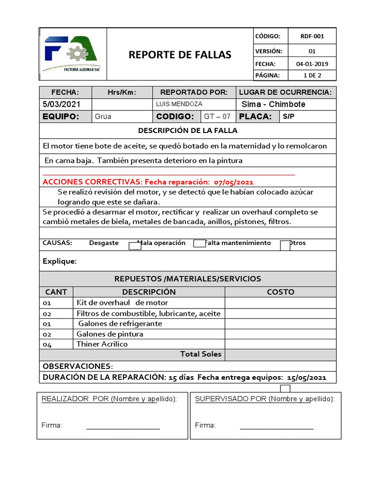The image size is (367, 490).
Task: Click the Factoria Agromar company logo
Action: (72, 54)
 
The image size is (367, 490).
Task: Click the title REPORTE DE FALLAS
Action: (180, 55)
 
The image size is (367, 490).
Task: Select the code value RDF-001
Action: (312, 36)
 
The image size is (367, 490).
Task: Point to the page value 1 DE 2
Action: (312, 75)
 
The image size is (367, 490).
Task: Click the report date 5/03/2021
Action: (62, 104)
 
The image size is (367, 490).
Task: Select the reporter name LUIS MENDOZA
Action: (179, 104)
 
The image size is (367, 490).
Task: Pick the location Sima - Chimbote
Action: (273, 104)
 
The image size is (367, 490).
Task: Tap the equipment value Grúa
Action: (104, 116)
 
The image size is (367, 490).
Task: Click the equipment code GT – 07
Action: (217, 116)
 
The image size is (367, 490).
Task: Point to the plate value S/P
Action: (289, 116)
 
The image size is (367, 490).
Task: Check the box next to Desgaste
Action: (135, 246)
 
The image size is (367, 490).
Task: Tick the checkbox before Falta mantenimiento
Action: (199, 244)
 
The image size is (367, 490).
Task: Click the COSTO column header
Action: (281, 292)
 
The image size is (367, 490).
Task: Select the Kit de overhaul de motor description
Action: (122, 303)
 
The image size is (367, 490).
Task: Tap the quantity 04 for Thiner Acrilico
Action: (47, 345)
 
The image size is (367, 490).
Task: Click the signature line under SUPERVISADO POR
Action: (276, 428)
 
